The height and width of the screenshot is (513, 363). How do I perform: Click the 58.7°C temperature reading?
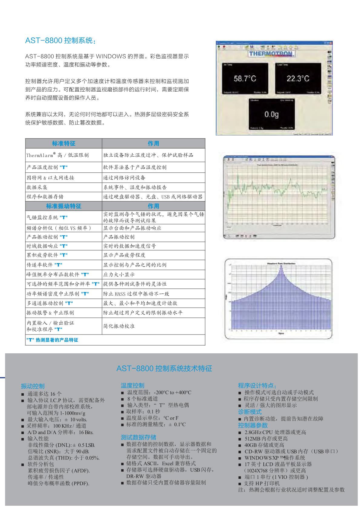point(245,79)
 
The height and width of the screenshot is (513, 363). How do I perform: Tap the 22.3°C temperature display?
point(298,79)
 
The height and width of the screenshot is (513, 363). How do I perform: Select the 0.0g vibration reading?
point(271,114)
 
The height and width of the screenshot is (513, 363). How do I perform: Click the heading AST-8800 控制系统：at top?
point(61,41)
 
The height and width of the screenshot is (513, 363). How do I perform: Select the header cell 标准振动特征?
point(64,206)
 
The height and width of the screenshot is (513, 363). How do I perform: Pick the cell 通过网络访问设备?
point(124,178)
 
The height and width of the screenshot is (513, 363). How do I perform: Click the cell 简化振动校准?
point(119,326)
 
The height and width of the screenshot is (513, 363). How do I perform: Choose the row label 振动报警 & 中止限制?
point(50,312)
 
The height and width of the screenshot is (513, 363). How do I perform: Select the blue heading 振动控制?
point(33,386)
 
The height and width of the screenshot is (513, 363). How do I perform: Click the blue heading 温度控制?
point(133,385)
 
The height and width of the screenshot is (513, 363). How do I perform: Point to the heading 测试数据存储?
point(138,437)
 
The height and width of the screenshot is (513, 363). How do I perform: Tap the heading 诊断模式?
point(250,412)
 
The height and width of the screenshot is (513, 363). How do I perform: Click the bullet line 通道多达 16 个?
point(44,394)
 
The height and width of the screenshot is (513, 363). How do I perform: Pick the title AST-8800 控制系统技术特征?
point(164,368)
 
